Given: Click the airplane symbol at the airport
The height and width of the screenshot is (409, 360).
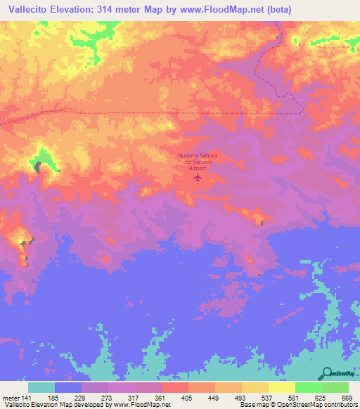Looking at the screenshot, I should coord(198,177).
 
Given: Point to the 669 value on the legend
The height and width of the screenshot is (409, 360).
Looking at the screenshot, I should coord(347,398).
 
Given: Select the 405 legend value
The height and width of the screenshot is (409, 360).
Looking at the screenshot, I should coord(187,398).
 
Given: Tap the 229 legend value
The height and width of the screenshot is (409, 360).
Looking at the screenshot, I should coord(80,398).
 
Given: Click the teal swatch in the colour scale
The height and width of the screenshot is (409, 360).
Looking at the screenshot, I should coord(41,387).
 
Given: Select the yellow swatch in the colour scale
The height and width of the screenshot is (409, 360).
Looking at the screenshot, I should coord(281,387).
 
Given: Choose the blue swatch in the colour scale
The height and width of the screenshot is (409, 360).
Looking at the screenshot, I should coord(68,387).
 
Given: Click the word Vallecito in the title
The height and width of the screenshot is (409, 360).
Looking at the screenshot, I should coord(29,10).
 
